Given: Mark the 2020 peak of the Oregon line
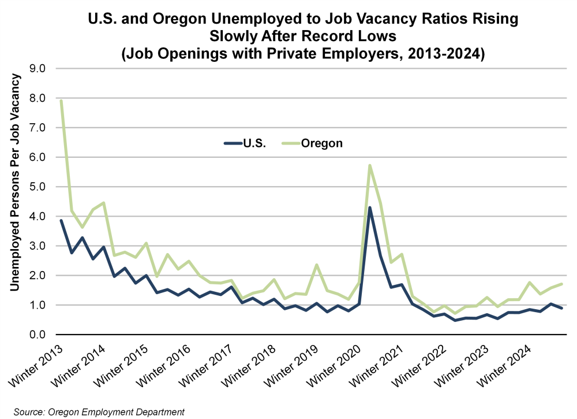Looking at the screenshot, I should point(369,165).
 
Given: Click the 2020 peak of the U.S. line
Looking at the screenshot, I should point(369,207).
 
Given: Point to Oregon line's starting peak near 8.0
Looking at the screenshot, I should point(61,101).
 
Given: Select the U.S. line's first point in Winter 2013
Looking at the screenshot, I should point(61,220).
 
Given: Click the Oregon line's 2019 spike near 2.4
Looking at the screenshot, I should point(316,265).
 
